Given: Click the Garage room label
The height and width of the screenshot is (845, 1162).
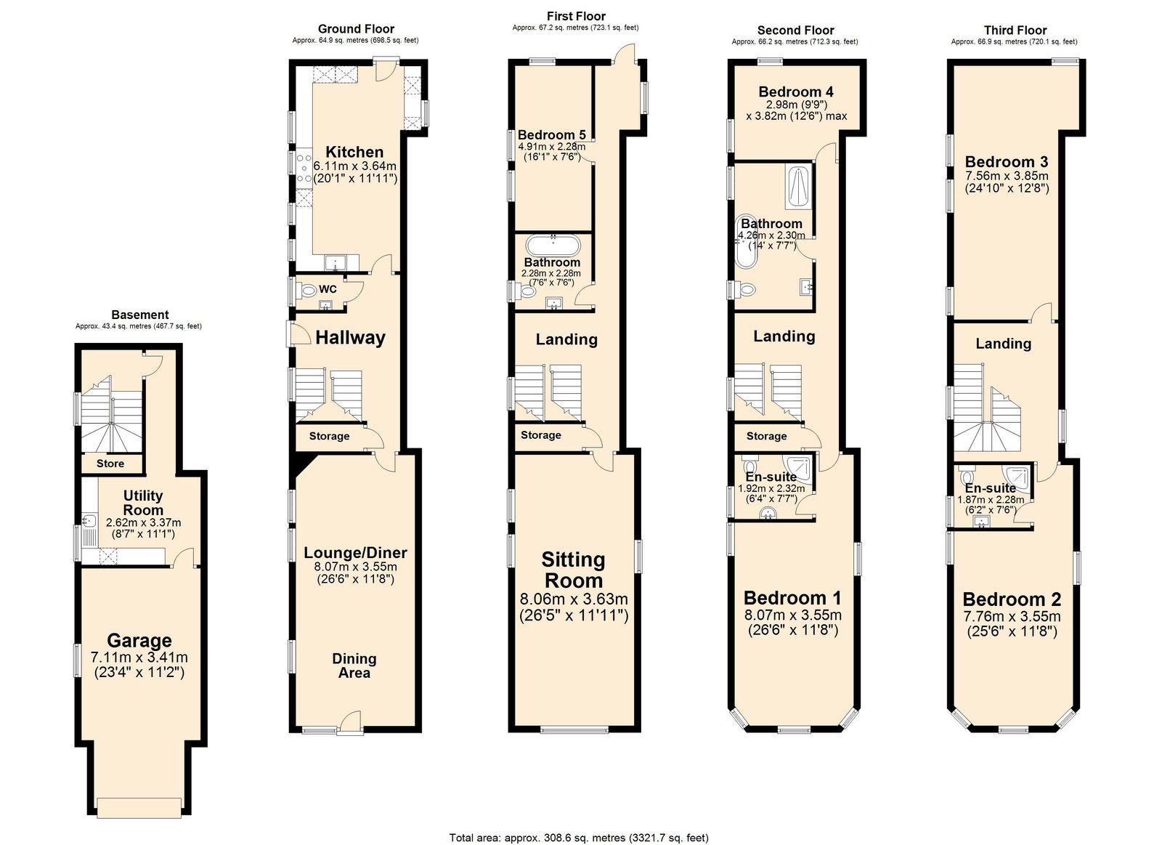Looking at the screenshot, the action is pos(139,641).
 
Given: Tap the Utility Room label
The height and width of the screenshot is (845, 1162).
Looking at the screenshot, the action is pos(143,503).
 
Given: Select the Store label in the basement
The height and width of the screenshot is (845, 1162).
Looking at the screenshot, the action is pos(110,464).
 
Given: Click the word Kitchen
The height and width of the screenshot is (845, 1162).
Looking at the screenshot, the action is pos(354,152).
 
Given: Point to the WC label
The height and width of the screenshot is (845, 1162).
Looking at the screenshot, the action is pos(328,289).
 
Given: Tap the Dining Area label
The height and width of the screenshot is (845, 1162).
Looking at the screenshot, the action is pos(354,666).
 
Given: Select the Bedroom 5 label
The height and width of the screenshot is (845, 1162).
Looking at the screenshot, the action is pos(551,135).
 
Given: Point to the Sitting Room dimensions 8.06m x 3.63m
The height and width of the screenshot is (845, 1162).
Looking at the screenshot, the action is pos(574,599).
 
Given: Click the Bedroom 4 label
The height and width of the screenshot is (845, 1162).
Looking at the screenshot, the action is pos(796,92).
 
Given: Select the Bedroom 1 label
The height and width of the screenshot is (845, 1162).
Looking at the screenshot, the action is pos(792,598).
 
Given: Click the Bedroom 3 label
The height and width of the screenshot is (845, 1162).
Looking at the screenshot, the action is pos(1007,162).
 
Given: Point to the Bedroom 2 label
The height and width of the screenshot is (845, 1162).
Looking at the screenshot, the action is pos(1012,599).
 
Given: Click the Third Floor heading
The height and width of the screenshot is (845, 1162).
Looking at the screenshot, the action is pos(1015,30).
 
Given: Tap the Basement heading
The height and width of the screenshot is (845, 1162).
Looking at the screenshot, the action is pos(140,315).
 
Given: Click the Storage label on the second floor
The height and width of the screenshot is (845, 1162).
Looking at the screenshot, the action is pos(766,436).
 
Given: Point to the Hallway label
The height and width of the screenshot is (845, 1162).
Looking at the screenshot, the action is pos(351,338).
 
